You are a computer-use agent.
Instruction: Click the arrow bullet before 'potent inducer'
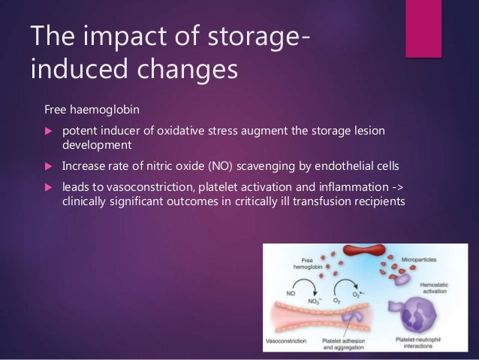50,132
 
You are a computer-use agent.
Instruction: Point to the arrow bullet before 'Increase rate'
50,166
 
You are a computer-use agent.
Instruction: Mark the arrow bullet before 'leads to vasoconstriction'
50,188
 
